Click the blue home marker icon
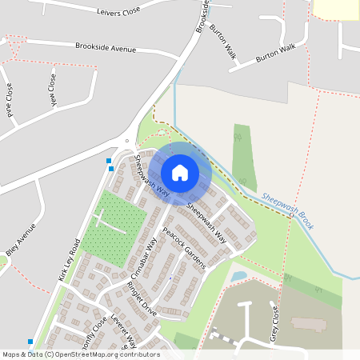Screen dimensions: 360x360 point(180,172)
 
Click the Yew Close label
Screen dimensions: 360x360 point(53,90)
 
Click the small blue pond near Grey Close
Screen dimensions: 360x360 point(238,276)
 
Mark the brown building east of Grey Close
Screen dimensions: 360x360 point(308,324)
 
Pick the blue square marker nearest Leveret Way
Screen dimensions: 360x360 point(30,342)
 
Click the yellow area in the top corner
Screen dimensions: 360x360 point(336,8)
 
